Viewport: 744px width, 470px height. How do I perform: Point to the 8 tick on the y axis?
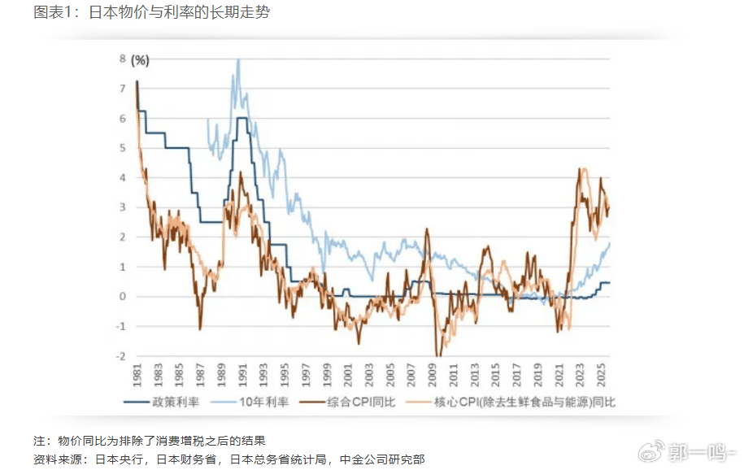(122, 59)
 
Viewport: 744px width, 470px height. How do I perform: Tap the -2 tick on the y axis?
(120, 356)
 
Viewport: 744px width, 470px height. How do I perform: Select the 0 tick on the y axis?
(122, 297)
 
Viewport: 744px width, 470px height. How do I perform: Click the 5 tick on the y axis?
(122, 148)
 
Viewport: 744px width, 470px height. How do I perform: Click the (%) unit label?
(141, 59)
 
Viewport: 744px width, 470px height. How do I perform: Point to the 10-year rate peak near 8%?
(238, 59)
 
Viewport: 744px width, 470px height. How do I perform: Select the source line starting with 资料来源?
(228, 459)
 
